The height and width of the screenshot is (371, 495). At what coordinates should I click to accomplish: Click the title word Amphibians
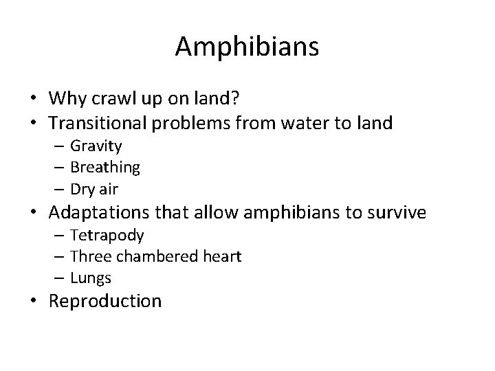[247, 47]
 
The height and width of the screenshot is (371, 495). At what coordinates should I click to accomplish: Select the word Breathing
[105, 166]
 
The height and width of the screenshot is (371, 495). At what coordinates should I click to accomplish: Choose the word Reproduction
[105, 301]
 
